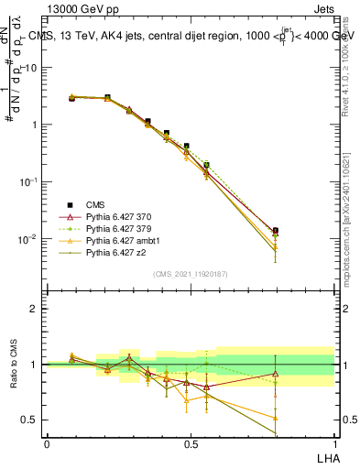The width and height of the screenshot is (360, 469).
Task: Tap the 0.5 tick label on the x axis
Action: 191,443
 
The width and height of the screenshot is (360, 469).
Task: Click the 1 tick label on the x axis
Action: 334,443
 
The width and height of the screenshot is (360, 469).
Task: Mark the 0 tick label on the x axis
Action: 47,443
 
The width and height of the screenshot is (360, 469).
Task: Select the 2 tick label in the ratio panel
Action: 34,309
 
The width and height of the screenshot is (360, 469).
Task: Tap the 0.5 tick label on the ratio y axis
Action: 30,420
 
